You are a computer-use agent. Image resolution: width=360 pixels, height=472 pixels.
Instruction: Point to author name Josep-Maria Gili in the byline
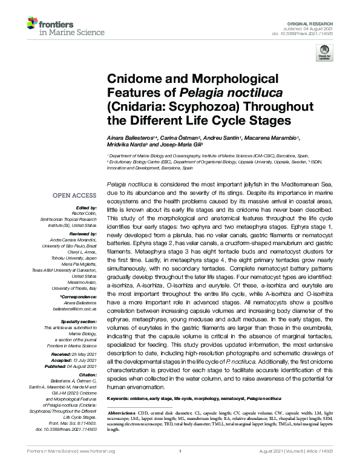pyautogui.click(x=185, y=146)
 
